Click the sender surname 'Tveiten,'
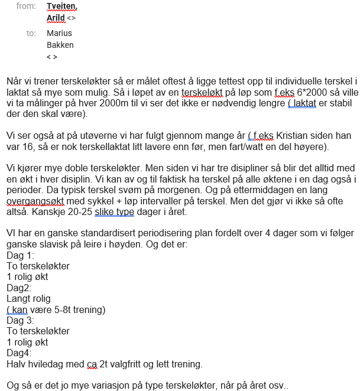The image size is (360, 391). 61,6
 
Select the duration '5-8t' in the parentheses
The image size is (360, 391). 62,309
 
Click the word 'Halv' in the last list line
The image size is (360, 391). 16,363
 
